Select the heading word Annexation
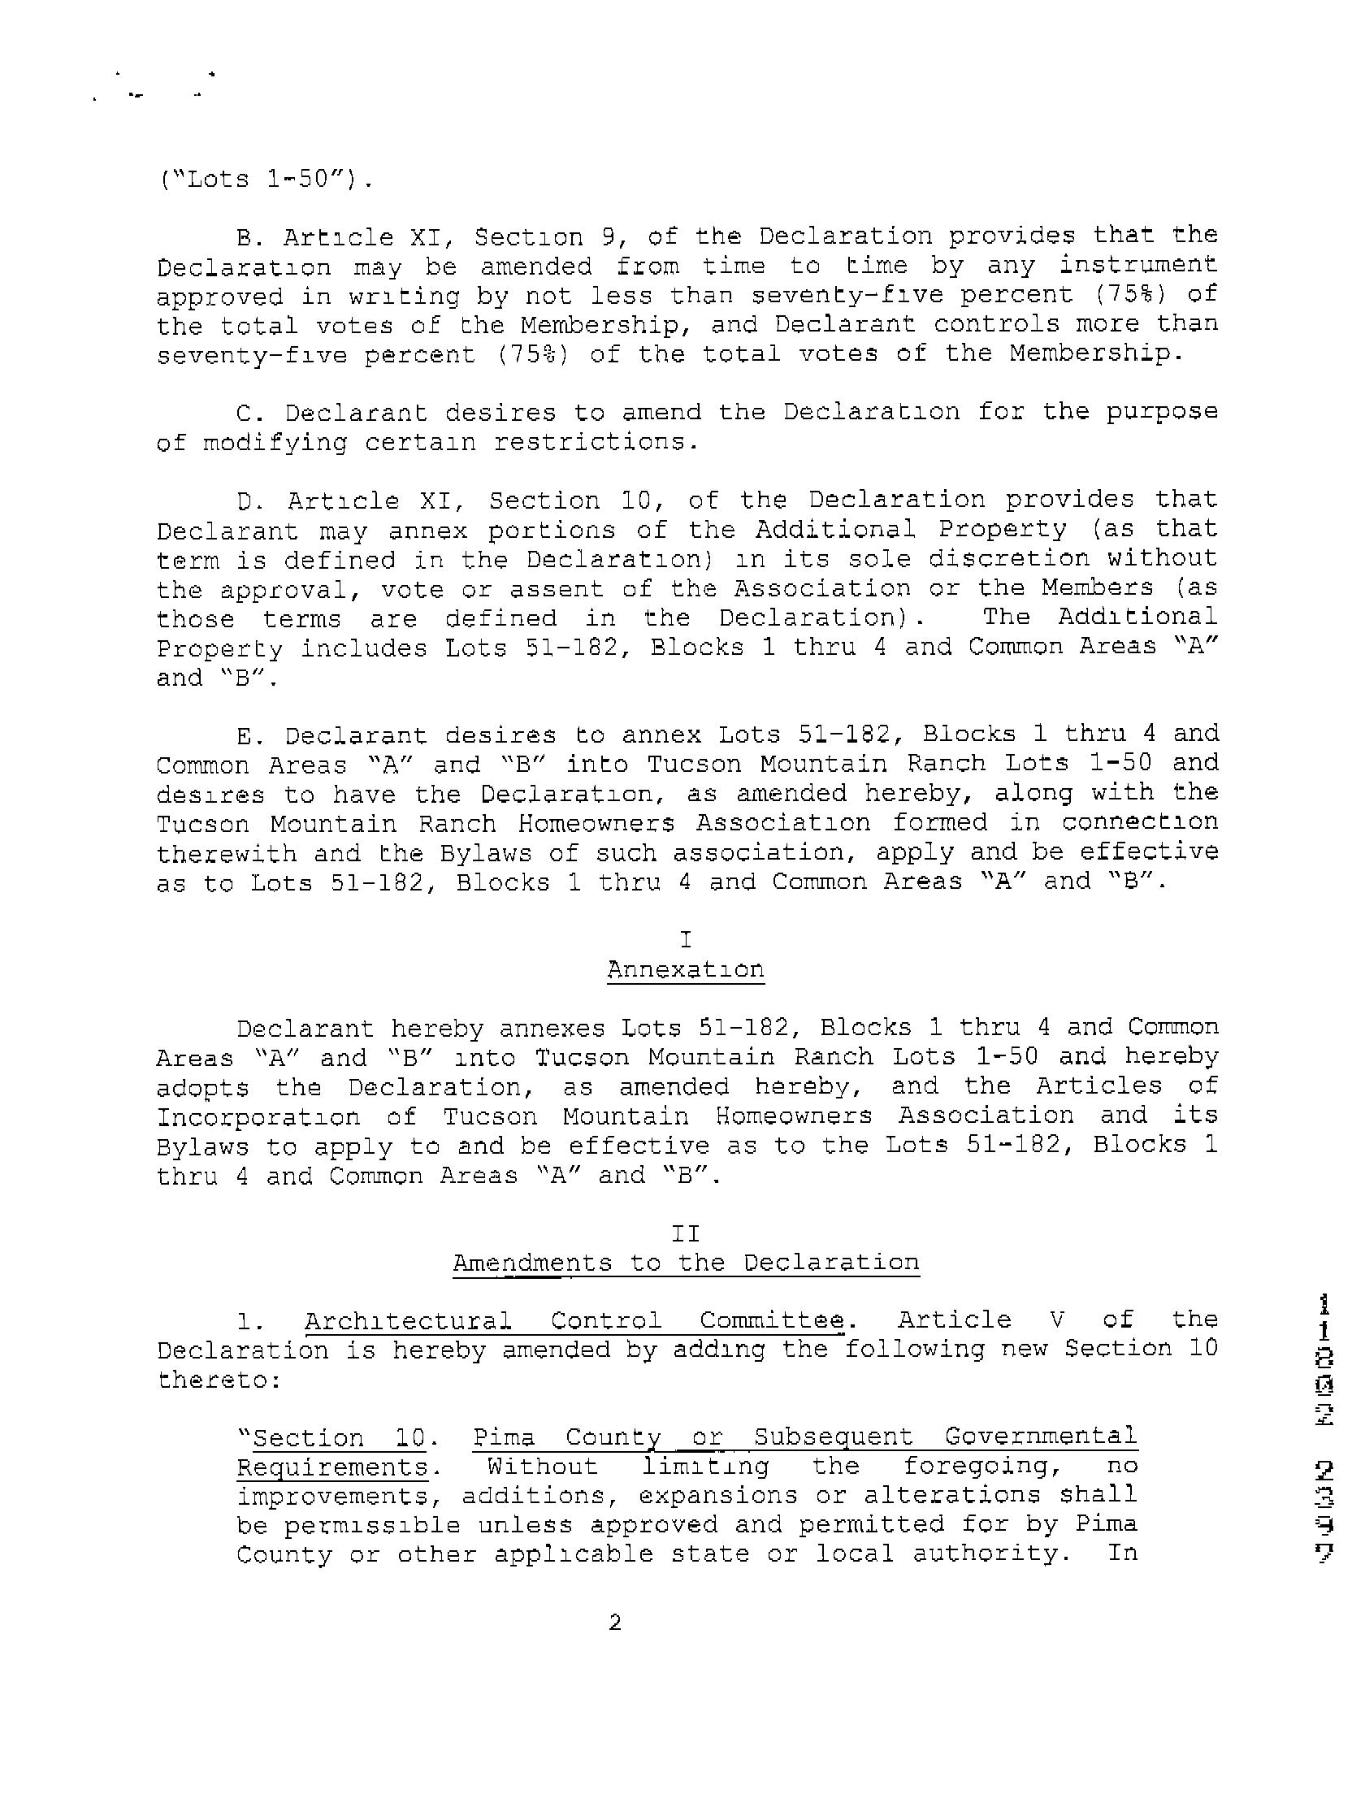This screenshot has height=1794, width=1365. [685, 969]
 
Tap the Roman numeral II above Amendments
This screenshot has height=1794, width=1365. [685, 1233]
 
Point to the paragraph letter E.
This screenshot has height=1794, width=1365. [245, 735]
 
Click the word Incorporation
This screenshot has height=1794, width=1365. [258, 1116]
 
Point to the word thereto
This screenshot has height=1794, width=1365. [218, 1380]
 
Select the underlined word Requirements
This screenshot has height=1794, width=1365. [331, 1467]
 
